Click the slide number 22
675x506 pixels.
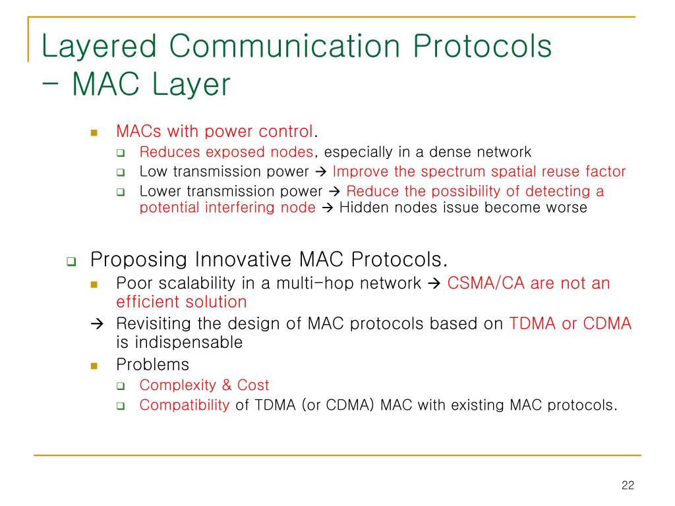pos(628,486)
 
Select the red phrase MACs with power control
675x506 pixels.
pos(214,131)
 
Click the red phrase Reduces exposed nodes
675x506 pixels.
pos(226,152)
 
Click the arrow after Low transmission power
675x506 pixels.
pos(321,172)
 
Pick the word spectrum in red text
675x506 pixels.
pos(453,172)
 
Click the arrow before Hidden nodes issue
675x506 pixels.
pos(328,208)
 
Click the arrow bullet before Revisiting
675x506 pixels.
pos(98,323)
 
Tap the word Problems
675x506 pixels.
pos(152,365)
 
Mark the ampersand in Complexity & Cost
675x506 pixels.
pos(227,385)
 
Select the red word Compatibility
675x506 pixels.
pos(185,405)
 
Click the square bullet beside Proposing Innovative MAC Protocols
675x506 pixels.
pos(71,261)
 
